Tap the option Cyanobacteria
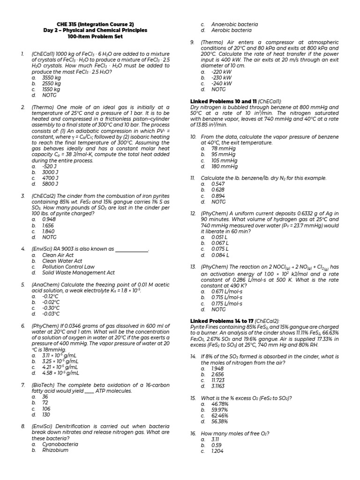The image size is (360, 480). (x=60, y=444)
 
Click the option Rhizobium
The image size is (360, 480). (x=55, y=450)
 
